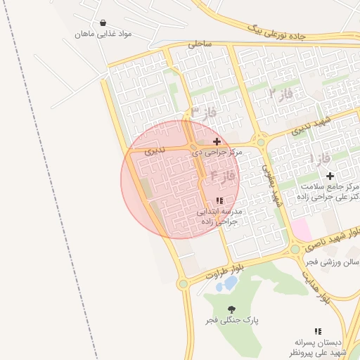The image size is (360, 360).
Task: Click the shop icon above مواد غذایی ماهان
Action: (x=104, y=23)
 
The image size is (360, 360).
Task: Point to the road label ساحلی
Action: (x=199, y=44)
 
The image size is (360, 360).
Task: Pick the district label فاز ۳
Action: (x=204, y=112)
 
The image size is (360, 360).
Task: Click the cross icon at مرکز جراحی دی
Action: (x=217, y=142)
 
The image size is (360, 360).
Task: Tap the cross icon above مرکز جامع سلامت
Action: (x=329, y=174)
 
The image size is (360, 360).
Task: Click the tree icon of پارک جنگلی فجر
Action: (x=232, y=309)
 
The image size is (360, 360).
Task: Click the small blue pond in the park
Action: (x=229, y=283)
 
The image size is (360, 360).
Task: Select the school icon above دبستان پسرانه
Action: (x=319, y=330)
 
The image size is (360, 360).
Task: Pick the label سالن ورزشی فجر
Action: (x=332, y=262)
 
